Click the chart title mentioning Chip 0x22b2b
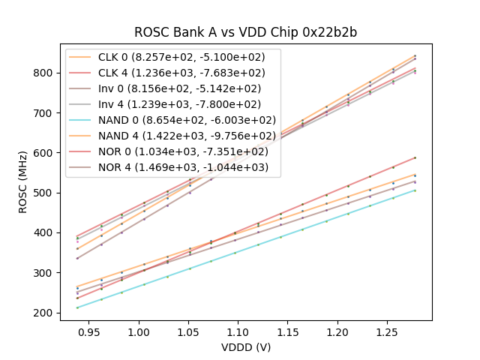(246, 32)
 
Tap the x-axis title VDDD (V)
(246, 347)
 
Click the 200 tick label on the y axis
(45, 313)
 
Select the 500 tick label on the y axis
(45, 193)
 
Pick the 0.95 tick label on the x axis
(89, 331)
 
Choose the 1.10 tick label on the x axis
(238, 331)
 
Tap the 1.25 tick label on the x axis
(385, 331)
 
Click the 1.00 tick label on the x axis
(139, 331)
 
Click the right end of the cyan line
(415, 190)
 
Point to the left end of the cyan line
(77, 307)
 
